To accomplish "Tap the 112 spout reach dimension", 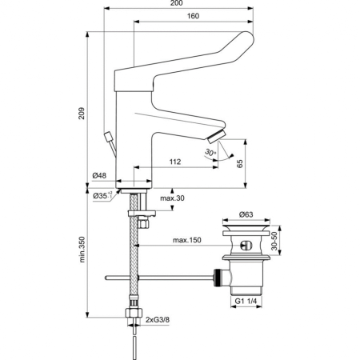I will pyautogui.click(x=176, y=162).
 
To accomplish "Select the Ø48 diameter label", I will pyautogui.click(x=99, y=175).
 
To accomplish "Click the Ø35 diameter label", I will pyautogui.click(x=99, y=194).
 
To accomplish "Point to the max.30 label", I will pyautogui.click(x=172, y=198).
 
